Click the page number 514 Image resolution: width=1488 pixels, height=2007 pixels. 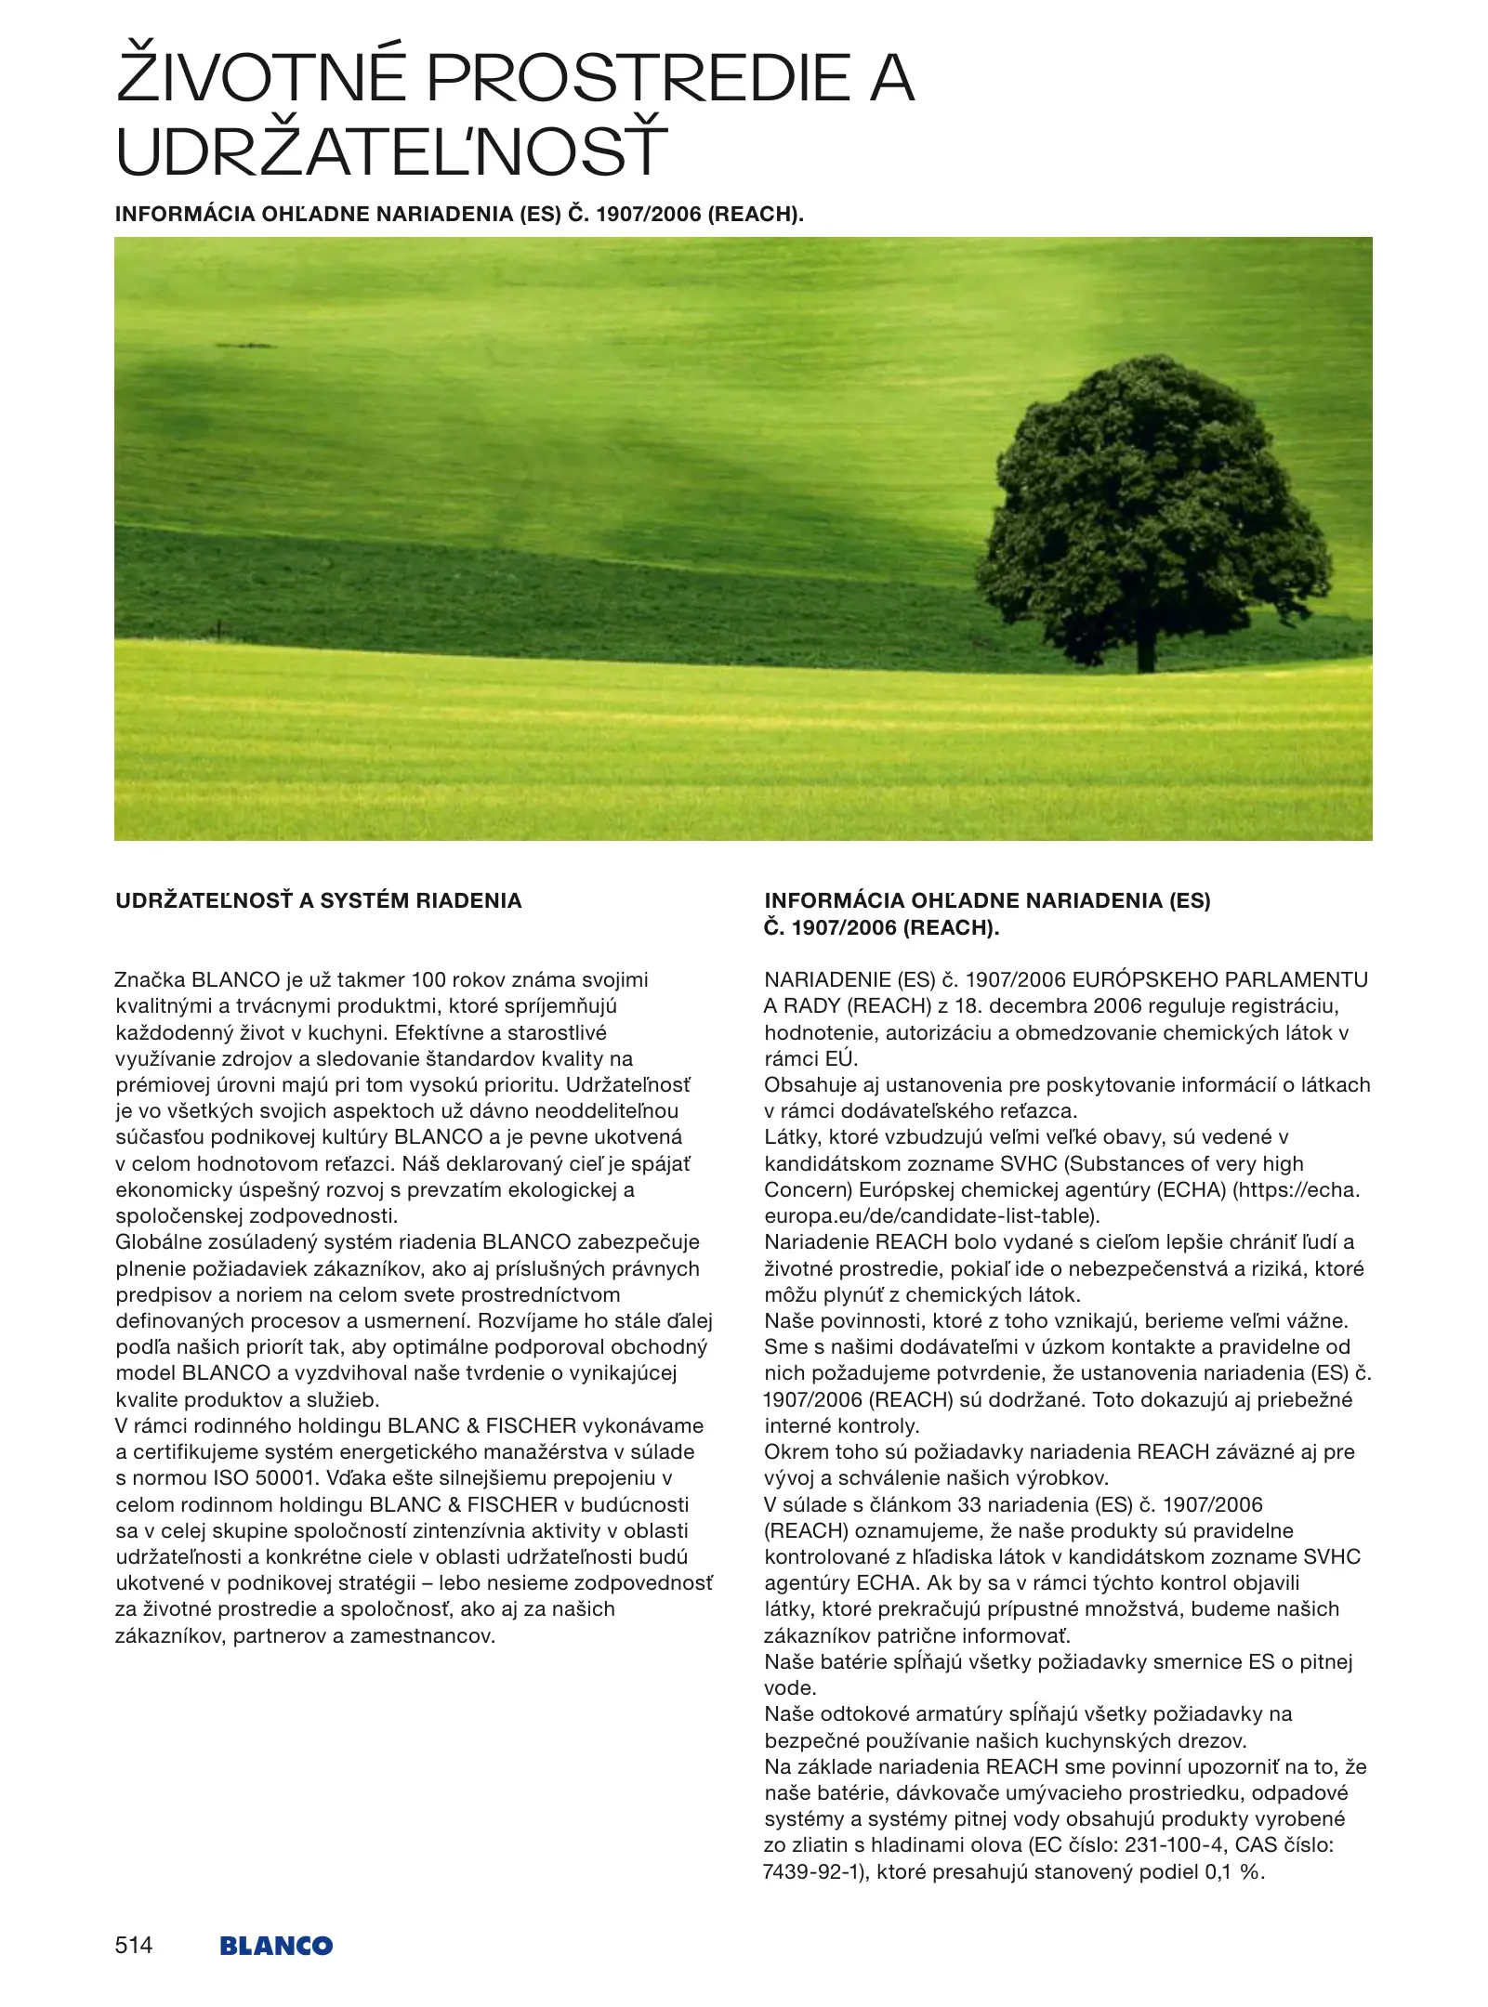coord(134,1945)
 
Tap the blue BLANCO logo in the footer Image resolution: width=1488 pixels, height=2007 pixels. coord(276,1946)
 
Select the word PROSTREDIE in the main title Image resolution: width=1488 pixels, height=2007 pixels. coord(639,78)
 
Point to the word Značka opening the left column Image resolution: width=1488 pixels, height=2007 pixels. coord(150,979)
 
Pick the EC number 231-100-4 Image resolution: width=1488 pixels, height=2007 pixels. coord(1175,1845)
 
